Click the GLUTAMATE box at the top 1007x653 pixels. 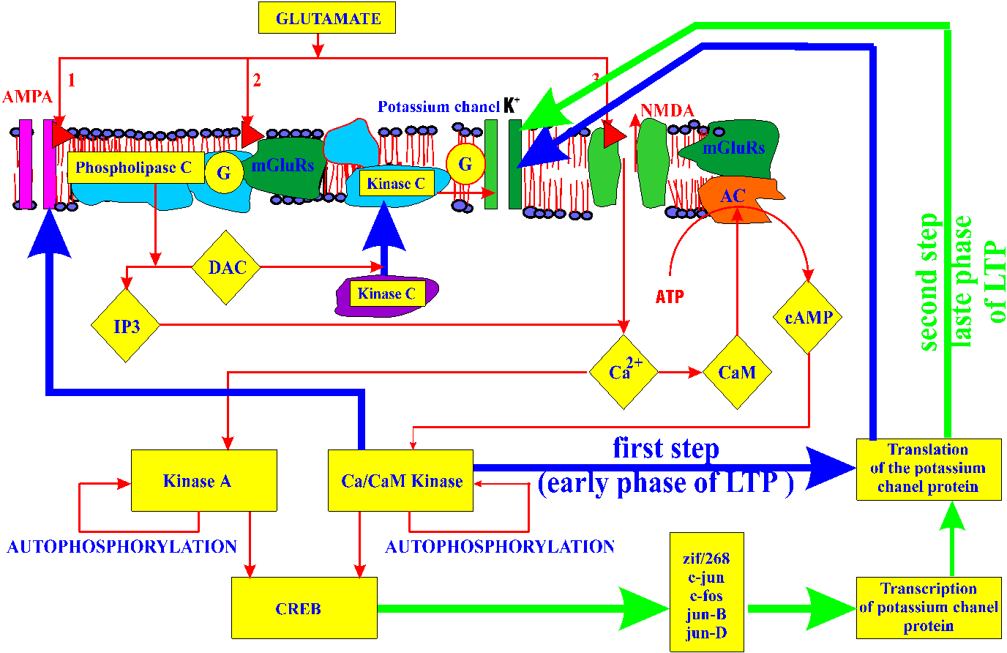coord(327,19)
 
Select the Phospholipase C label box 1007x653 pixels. coord(134,168)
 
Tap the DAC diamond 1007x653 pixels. coord(227,268)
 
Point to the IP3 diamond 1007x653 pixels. coord(126,326)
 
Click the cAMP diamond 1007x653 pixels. coord(808,318)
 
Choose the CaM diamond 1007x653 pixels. coord(736,373)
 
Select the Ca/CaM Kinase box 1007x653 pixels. coord(401,481)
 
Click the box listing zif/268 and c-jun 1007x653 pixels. coord(706,592)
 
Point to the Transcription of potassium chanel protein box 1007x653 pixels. coord(928,608)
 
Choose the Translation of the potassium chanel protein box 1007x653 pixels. coord(928,469)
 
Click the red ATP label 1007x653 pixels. coord(670,296)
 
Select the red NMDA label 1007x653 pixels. coord(667,111)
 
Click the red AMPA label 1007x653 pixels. coord(28,97)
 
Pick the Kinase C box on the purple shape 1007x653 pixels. coord(386,294)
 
